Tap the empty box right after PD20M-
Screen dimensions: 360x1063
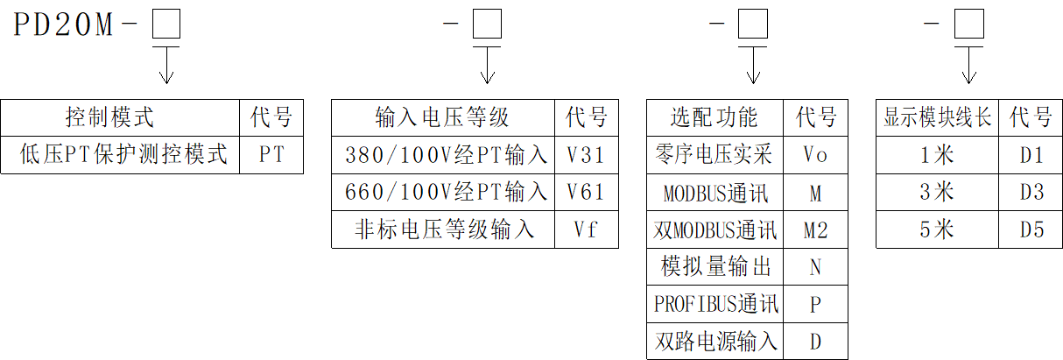pos(165,25)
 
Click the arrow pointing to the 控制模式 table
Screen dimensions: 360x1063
pos(165,66)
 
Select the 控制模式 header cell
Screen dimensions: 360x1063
pos(120,117)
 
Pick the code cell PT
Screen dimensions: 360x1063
pos(271,154)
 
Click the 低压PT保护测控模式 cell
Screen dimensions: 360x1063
pos(120,154)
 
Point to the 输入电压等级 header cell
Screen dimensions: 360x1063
pos(442,117)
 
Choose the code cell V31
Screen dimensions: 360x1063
pos(586,155)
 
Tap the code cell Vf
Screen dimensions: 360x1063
pos(586,229)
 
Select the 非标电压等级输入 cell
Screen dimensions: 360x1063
pos(442,229)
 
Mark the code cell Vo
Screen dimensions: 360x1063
pos(815,155)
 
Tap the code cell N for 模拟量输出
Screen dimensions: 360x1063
pos(815,266)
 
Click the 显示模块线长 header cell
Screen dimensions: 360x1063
pos(938,117)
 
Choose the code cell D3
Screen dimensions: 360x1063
pos(1031,192)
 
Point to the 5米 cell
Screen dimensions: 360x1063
pos(938,229)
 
